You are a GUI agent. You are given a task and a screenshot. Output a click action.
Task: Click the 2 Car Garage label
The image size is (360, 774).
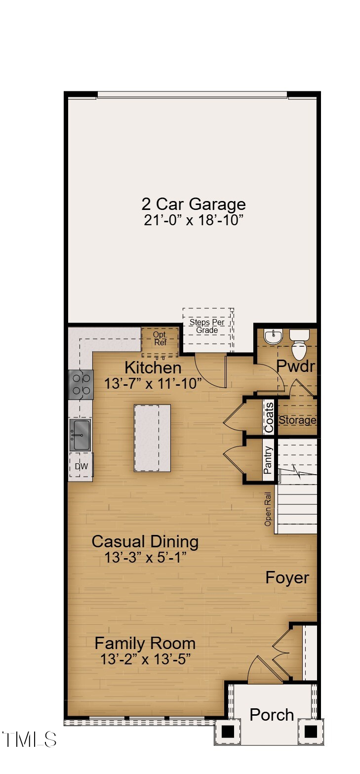click(x=193, y=204)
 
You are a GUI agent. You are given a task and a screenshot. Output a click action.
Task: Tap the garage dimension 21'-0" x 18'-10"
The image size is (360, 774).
click(x=193, y=220)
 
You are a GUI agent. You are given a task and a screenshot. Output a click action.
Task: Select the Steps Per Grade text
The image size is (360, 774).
click(x=207, y=326)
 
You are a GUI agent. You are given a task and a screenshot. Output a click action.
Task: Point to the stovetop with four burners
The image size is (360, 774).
click(x=81, y=384)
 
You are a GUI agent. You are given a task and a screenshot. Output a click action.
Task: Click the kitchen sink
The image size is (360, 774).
click(x=80, y=435)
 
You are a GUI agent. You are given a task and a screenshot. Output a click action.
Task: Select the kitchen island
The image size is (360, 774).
click(x=152, y=438)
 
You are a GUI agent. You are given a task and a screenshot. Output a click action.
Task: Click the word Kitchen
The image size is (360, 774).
click(x=153, y=367)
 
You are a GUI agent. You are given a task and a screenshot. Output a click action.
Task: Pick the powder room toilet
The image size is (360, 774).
click(x=299, y=346)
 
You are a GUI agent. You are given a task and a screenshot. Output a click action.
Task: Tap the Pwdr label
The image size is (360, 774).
click(x=295, y=366)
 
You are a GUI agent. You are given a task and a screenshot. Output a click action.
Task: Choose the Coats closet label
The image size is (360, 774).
click(x=269, y=418)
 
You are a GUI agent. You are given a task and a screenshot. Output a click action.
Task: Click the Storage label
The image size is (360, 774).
click(x=297, y=420)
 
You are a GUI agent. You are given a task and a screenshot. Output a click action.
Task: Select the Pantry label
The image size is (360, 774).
click(x=269, y=460)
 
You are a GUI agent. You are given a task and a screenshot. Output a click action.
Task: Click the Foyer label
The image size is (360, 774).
click(x=287, y=577)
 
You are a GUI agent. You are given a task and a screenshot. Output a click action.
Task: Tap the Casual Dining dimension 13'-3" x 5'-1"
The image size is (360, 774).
click(x=145, y=558)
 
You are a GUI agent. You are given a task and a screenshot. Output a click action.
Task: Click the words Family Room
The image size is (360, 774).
click(x=145, y=644)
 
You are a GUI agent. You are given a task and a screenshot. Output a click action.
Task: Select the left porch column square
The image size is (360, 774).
click(x=228, y=732)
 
